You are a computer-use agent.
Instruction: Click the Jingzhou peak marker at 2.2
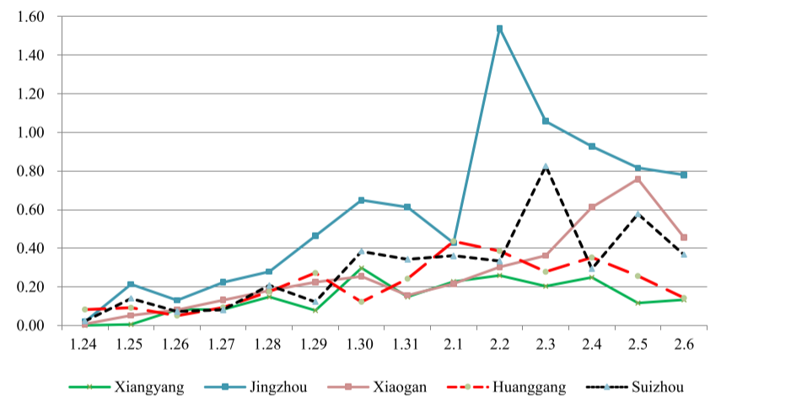[500, 29]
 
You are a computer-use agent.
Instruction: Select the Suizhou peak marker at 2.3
[546, 167]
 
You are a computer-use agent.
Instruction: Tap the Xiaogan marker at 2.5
[638, 179]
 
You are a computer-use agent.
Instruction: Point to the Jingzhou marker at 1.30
[361, 200]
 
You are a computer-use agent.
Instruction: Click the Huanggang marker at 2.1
[454, 242]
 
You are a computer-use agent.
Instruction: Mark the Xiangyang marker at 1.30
[361, 268]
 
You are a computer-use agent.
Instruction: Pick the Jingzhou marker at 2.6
[684, 175]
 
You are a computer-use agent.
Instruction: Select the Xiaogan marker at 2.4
[592, 207]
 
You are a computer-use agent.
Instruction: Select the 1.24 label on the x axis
[83, 344]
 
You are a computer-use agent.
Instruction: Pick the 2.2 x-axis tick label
[500, 344]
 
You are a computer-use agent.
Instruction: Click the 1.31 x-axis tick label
[407, 344]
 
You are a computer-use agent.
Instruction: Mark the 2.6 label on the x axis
[684, 344]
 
